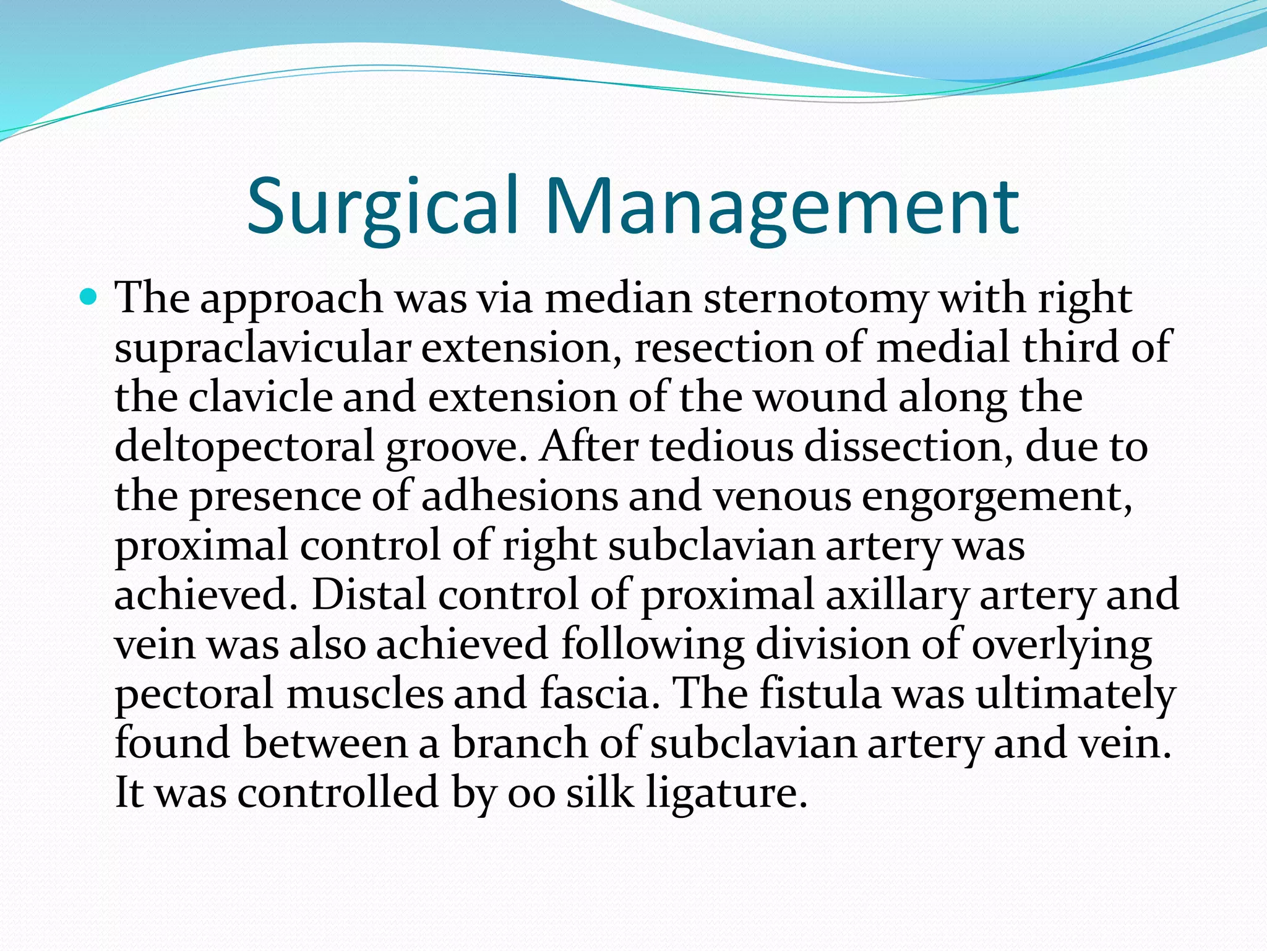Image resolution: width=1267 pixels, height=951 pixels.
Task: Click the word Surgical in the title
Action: coord(382,206)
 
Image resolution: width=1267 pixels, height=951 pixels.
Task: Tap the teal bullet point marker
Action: coord(89,299)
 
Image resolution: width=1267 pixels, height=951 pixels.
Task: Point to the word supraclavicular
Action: coord(262,349)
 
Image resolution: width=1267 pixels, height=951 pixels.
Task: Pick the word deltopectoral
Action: coord(244,447)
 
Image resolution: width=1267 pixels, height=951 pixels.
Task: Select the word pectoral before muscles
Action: coord(194,694)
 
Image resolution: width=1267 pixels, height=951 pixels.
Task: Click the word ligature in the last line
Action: coord(727,793)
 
